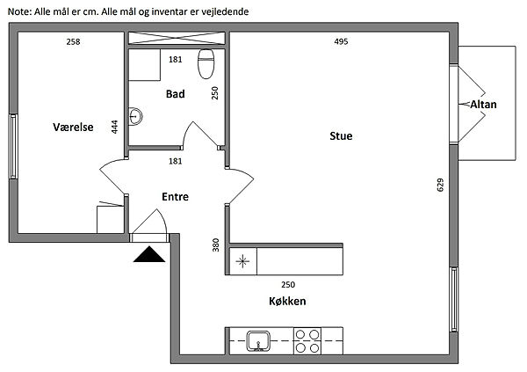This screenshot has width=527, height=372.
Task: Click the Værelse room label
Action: (x=73, y=127)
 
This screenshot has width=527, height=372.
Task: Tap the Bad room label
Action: (x=175, y=93)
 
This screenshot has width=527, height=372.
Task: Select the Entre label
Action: (x=175, y=197)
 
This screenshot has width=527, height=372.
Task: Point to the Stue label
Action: (x=341, y=135)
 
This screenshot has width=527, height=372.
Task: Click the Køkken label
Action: (x=287, y=301)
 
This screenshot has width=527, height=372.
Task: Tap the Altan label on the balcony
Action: (x=483, y=105)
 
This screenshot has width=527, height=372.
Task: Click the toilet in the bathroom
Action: (x=206, y=64)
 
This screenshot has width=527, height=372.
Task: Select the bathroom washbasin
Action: (x=135, y=116)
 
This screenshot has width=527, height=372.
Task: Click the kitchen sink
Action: (x=258, y=341)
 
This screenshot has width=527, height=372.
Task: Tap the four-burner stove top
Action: (x=307, y=340)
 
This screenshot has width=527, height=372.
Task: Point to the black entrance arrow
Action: (x=149, y=254)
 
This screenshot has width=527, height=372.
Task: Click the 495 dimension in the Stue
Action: (x=341, y=41)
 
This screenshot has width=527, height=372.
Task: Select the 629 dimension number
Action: (x=440, y=185)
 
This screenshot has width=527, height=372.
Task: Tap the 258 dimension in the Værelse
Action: (x=73, y=41)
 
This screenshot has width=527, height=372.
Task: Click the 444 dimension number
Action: (x=114, y=127)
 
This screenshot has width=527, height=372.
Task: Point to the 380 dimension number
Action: (x=215, y=244)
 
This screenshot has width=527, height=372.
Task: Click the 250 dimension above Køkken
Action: (x=288, y=285)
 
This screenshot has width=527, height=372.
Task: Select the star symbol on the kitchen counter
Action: (x=242, y=261)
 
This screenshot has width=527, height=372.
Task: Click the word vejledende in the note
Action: (x=225, y=11)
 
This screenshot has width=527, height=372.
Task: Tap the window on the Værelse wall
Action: (x=13, y=146)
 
